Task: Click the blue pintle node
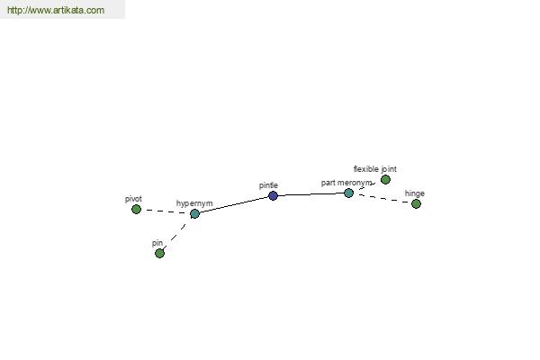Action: (273, 195)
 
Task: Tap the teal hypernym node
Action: (194, 213)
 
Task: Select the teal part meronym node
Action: (348, 193)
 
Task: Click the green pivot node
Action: (137, 209)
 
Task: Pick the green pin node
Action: (159, 254)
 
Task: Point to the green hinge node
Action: (416, 204)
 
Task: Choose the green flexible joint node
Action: (385, 179)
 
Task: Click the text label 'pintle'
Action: (268, 185)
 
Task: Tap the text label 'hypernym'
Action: (194, 203)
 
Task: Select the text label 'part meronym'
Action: (346, 183)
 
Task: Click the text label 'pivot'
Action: (133, 199)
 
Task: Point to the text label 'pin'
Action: (157, 243)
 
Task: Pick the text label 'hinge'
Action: (415, 193)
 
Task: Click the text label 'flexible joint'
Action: (375, 169)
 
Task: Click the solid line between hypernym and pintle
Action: (234, 204)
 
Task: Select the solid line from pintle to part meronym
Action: (310, 194)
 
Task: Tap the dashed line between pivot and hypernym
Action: (166, 211)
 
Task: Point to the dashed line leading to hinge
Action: (382, 198)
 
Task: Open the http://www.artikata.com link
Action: (56, 10)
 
